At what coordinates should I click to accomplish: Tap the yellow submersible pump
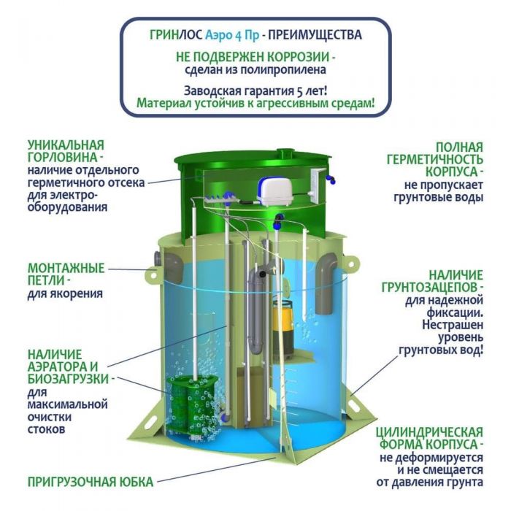[283, 329]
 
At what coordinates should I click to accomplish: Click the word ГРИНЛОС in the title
[176, 34]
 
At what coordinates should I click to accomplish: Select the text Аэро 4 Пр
[232, 35]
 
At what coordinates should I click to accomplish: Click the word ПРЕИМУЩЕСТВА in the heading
[315, 34]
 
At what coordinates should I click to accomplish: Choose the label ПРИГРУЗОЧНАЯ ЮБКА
[91, 482]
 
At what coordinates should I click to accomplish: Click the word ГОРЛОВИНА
[63, 158]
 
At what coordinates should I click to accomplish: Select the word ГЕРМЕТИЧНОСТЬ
[435, 159]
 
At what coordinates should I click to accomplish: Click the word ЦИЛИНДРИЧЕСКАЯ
[429, 432]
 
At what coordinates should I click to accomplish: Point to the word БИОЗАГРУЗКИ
[68, 379]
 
